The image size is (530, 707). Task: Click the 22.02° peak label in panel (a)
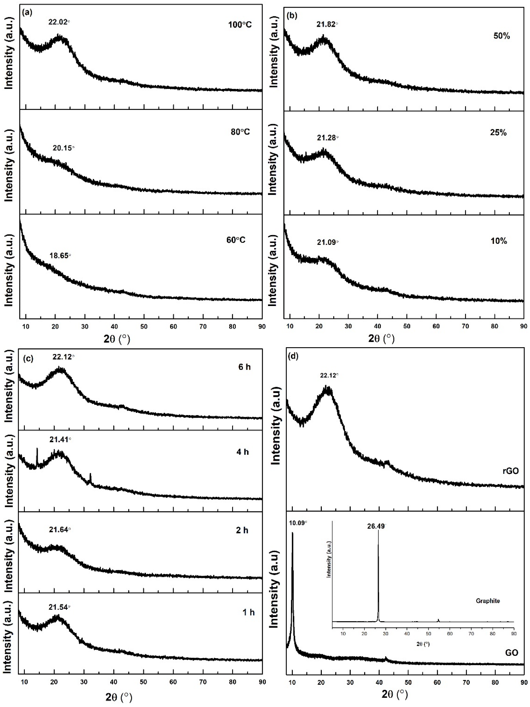(59, 22)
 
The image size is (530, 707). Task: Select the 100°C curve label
(238, 25)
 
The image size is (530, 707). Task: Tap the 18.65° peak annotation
(60, 256)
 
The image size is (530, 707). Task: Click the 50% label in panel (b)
(501, 36)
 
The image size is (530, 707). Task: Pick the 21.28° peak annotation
(327, 137)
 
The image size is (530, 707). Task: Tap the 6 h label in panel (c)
(244, 367)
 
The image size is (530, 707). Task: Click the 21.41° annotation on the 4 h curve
(60, 440)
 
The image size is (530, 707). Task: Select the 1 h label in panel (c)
(248, 612)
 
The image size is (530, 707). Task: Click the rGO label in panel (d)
(511, 471)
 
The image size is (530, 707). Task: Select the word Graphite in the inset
(487, 601)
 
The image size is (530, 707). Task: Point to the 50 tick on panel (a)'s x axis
(144, 327)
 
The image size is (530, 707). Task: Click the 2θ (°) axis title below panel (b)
(381, 338)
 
